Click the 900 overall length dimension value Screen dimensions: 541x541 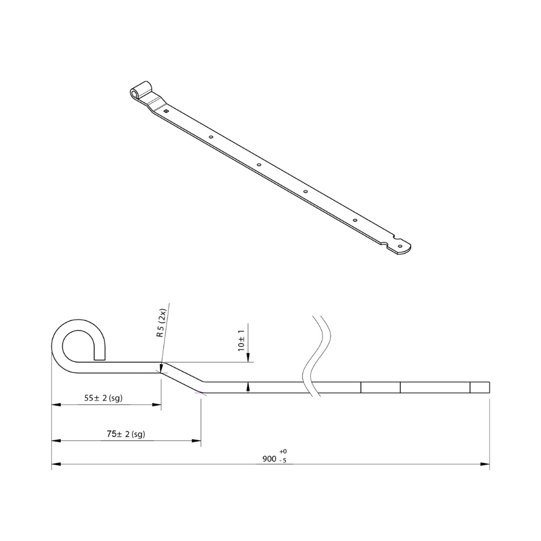coord(269,459)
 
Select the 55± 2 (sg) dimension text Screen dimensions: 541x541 coord(103,398)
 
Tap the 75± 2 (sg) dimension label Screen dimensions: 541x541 coord(126,434)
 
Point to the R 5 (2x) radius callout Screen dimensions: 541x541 coord(161,322)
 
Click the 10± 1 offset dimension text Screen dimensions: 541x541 coord(241,340)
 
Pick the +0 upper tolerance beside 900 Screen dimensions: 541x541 coord(283,451)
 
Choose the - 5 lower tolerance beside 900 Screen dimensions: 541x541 coord(282,460)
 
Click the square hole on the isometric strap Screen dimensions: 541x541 coord(166,111)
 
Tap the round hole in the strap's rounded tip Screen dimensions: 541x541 coord(400,246)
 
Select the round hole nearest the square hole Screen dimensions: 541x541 coord(211,137)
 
